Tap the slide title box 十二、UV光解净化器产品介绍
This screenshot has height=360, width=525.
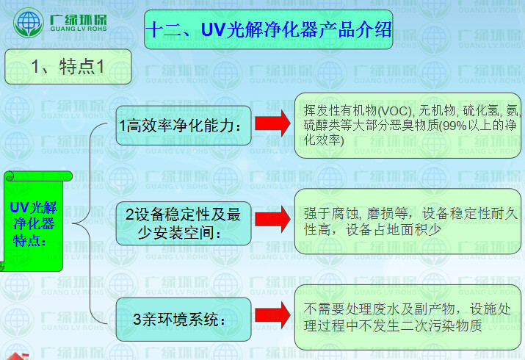[x=268, y=29]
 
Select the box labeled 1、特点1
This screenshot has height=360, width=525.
[x=68, y=66]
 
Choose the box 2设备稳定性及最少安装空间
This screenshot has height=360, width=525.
[x=183, y=223]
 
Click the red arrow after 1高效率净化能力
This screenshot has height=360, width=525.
[x=273, y=123]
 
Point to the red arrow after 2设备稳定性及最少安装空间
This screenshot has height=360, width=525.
[x=273, y=218]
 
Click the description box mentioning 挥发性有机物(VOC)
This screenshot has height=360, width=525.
[x=408, y=125]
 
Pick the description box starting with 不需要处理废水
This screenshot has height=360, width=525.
[x=408, y=317]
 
